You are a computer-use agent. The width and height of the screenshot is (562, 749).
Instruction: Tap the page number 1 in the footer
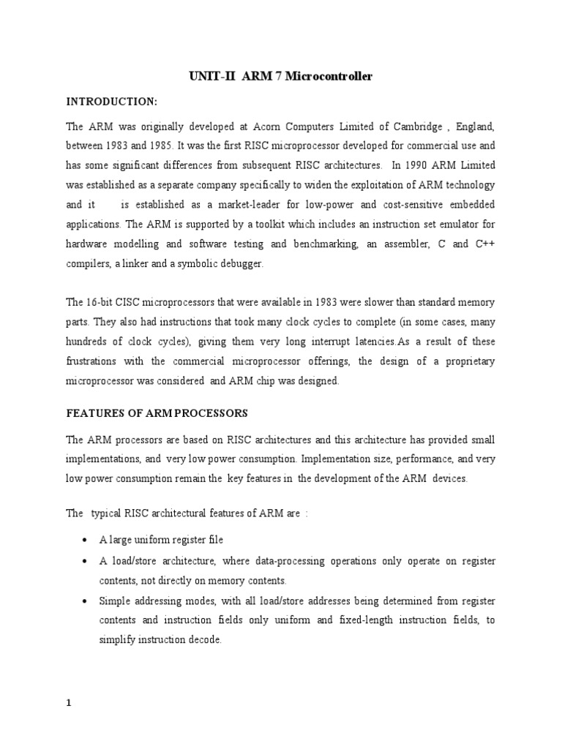[x=69, y=704]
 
